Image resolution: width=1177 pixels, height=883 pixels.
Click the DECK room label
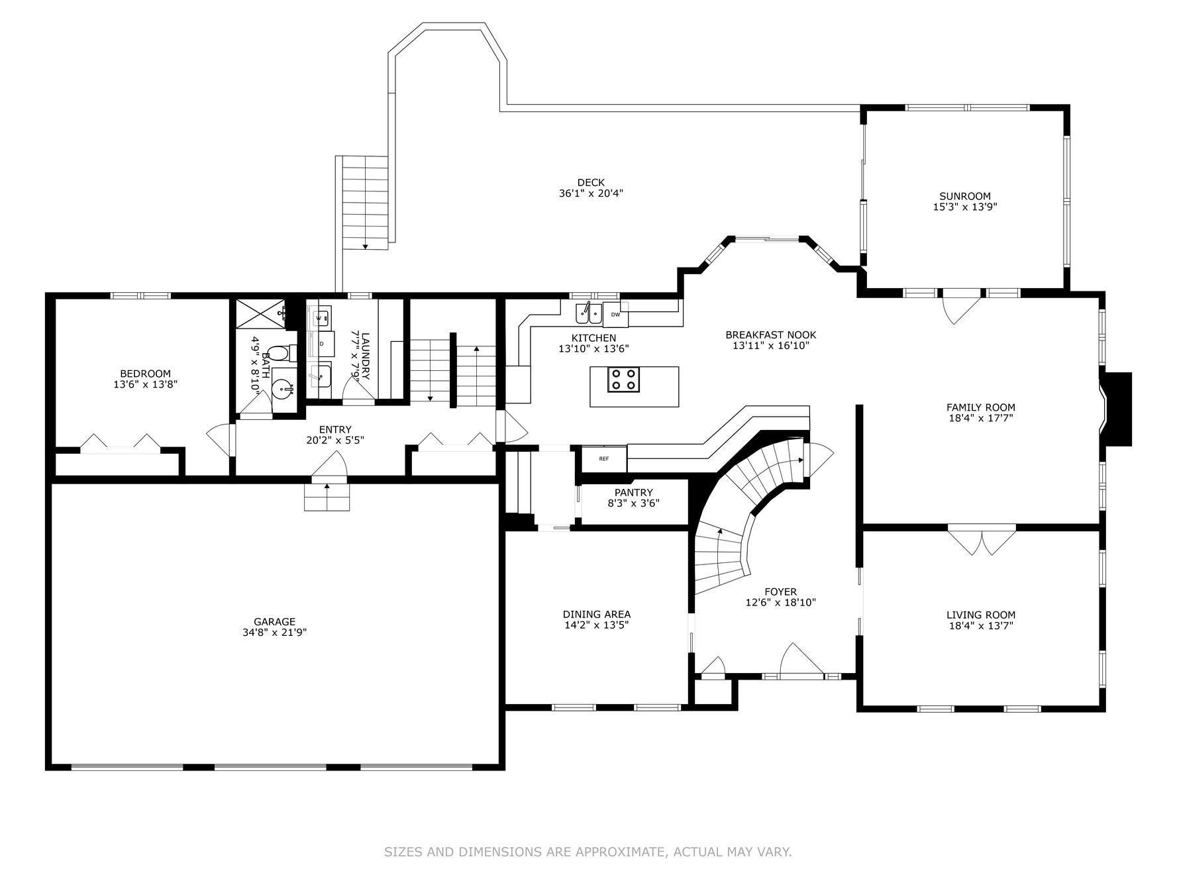tap(591, 183)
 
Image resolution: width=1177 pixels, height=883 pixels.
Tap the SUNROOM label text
tap(965, 196)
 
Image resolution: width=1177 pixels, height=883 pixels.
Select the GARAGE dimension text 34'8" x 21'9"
tap(274, 633)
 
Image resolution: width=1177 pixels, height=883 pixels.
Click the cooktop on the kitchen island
tap(624, 380)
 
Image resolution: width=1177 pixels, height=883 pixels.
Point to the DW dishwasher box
tap(615, 314)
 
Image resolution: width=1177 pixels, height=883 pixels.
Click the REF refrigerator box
tap(603, 458)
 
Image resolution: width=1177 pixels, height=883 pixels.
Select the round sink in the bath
tap(283, 388)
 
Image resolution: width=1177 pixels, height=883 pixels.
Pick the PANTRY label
tap(633, 492)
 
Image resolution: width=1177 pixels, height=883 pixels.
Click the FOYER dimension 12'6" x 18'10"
tap(780, 603)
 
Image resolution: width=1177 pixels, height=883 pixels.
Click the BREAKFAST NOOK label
tap(770, 335)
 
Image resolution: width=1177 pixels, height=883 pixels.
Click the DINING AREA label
tap(597, 614)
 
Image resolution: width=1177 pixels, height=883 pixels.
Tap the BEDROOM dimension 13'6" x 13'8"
tap(146, 384)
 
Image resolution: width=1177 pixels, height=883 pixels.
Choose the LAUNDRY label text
tap(365, 356)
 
